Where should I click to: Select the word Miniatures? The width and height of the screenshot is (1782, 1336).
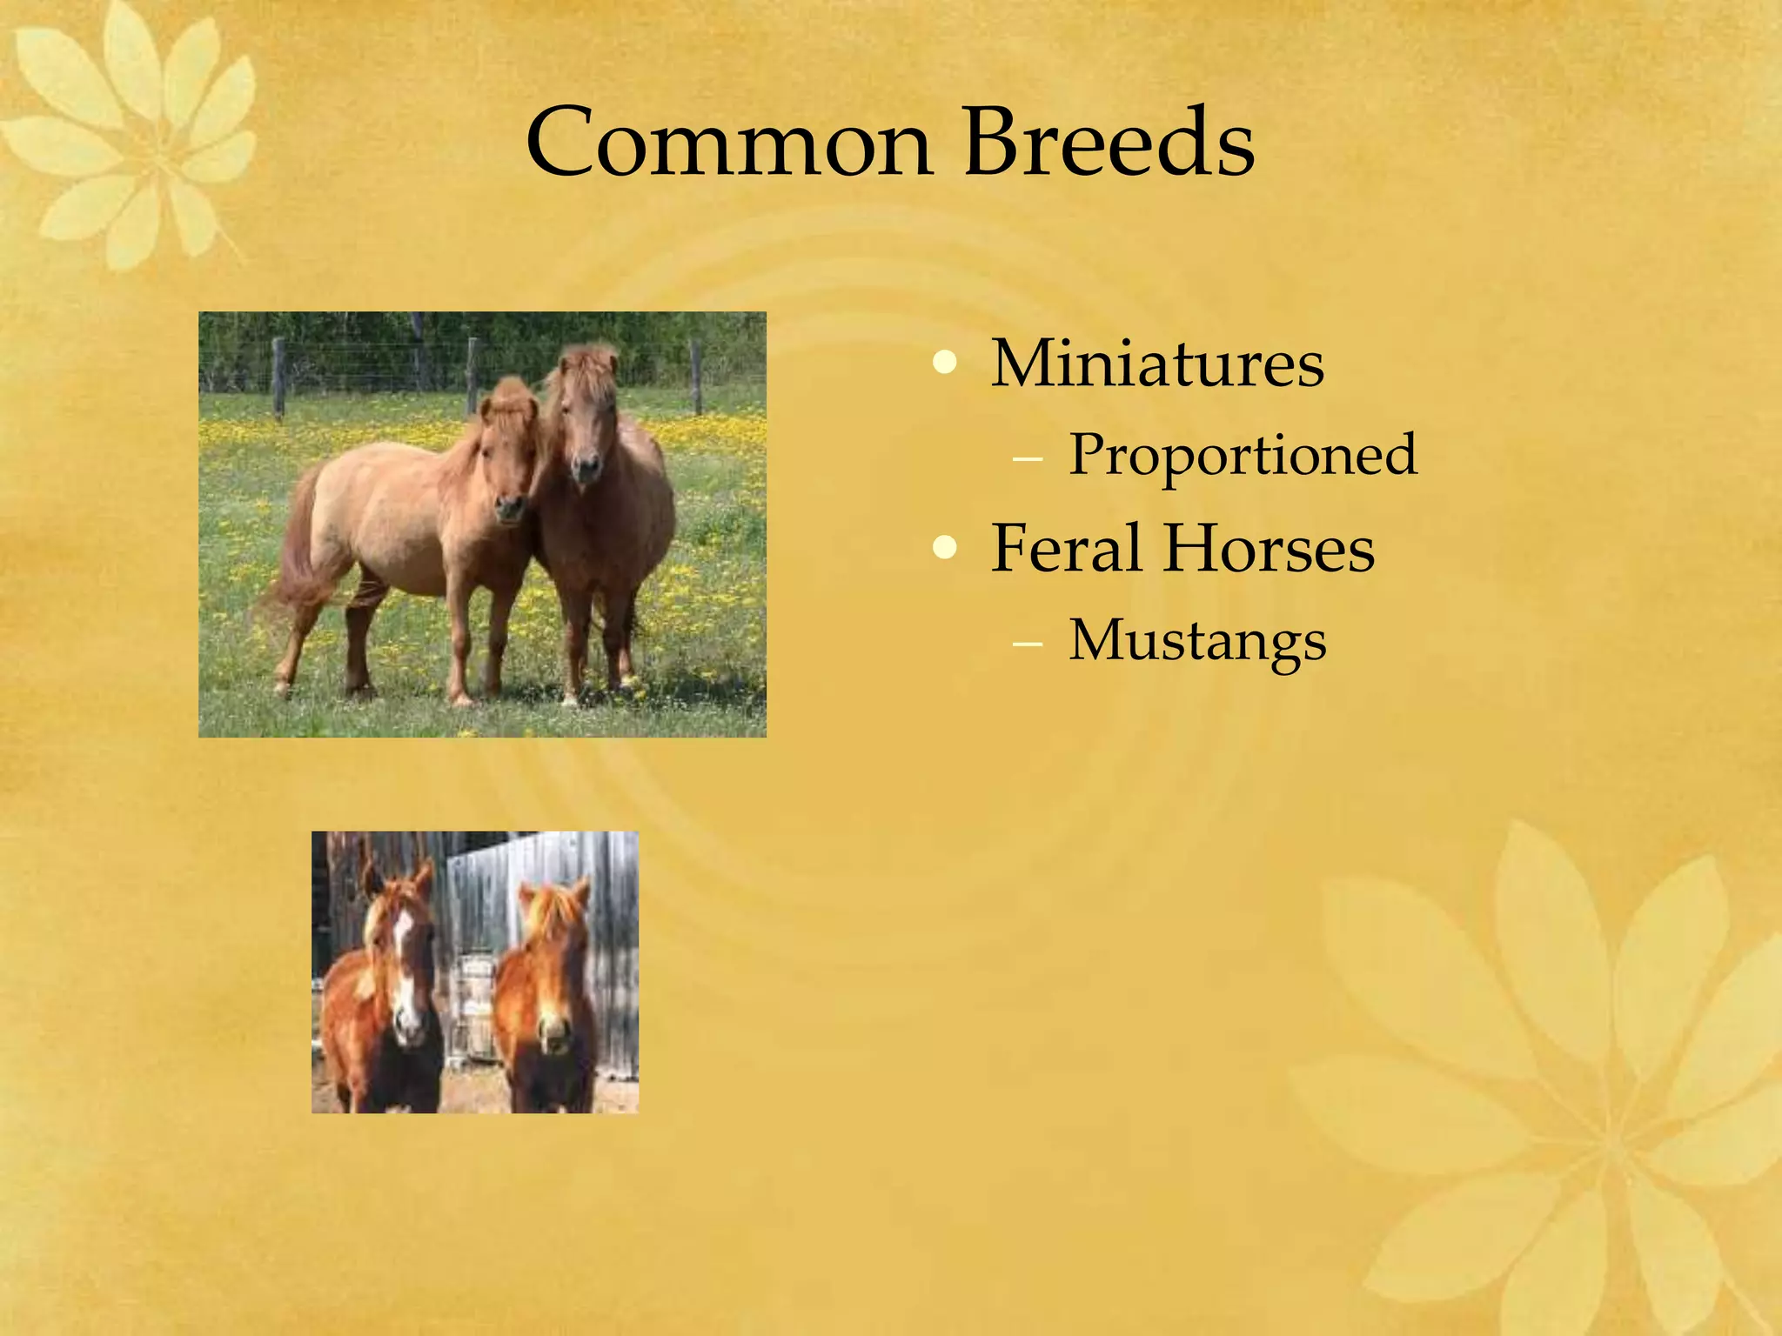[x=1157, y=364]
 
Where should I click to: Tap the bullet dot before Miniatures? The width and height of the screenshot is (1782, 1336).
[x=944, y=364]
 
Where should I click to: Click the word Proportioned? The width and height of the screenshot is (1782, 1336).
[x=1243, y=455]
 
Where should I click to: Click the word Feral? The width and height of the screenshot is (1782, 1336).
[x=1066, y=549]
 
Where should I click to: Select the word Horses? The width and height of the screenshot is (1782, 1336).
[x=1270, y=549]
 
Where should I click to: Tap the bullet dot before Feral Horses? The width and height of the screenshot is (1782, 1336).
[x=944, y=549]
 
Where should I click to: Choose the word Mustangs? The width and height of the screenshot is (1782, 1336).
[x=1197, y=642]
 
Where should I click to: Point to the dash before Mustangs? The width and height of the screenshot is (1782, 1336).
[x=1028, y=645]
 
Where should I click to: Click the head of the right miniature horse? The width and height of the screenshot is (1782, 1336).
[x=585, y=417]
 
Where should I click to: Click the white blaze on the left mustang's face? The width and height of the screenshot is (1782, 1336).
[x=403, y=965]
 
